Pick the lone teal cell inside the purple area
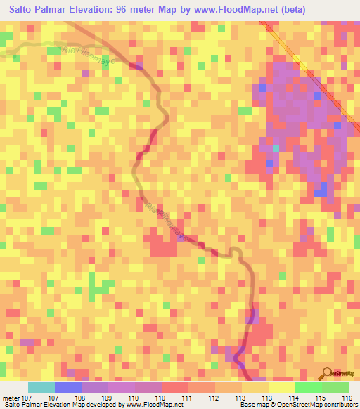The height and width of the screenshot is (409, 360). pos(276,148)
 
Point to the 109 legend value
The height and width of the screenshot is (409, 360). pos(109,398)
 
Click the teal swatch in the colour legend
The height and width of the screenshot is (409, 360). pos(41,387)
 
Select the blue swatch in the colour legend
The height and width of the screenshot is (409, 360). pos(68,387)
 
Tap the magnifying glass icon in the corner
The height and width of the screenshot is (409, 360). pos(328,373)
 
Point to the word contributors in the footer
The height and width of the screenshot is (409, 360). pos(337,405)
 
